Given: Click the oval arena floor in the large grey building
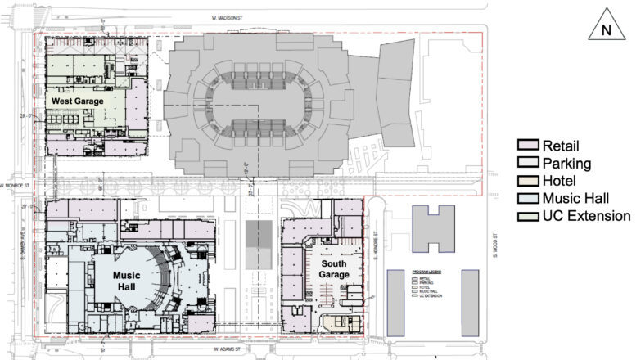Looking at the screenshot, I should pos(257,104).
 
